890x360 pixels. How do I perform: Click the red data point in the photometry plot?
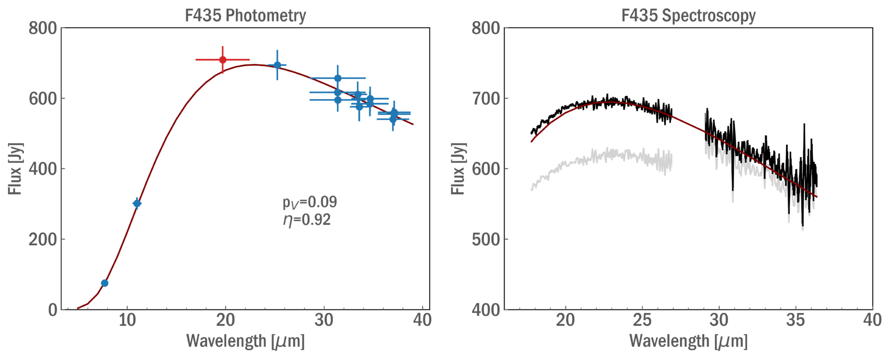coord(223,60)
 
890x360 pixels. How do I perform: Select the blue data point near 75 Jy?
coord(105,283)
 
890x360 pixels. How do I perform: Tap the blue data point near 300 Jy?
coord(137,203)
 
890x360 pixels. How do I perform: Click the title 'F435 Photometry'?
coord(245,15)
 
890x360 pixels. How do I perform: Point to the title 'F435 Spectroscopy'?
coord(688,15)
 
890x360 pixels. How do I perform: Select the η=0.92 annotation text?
coord(307,220)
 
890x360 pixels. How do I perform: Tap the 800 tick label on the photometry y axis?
coord(43,28)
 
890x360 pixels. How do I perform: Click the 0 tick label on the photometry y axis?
coord(53,310)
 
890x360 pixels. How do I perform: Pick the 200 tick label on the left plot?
coord(43,240)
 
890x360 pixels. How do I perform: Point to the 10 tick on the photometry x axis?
coord(127,320)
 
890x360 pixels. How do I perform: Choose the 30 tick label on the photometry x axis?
coord(324,320)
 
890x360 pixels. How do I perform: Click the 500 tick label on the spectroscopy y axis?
coord(486,240)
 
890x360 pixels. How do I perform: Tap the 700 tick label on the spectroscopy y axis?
coord(486,99)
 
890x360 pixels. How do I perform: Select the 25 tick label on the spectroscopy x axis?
coord(642,320)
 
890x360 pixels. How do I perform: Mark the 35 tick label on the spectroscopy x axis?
coord(796,320)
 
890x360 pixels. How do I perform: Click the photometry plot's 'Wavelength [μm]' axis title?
coord(245,341)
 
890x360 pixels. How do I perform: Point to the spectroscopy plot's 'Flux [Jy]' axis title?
coord(458,169)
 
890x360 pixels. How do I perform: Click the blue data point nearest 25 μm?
coord(277,65)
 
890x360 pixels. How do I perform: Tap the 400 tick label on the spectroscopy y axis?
coord(486,310)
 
